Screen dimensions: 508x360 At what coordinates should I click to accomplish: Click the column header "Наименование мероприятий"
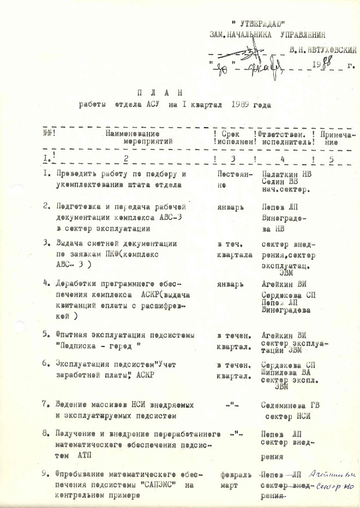140,137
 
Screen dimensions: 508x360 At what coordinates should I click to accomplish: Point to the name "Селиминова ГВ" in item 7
289,407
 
